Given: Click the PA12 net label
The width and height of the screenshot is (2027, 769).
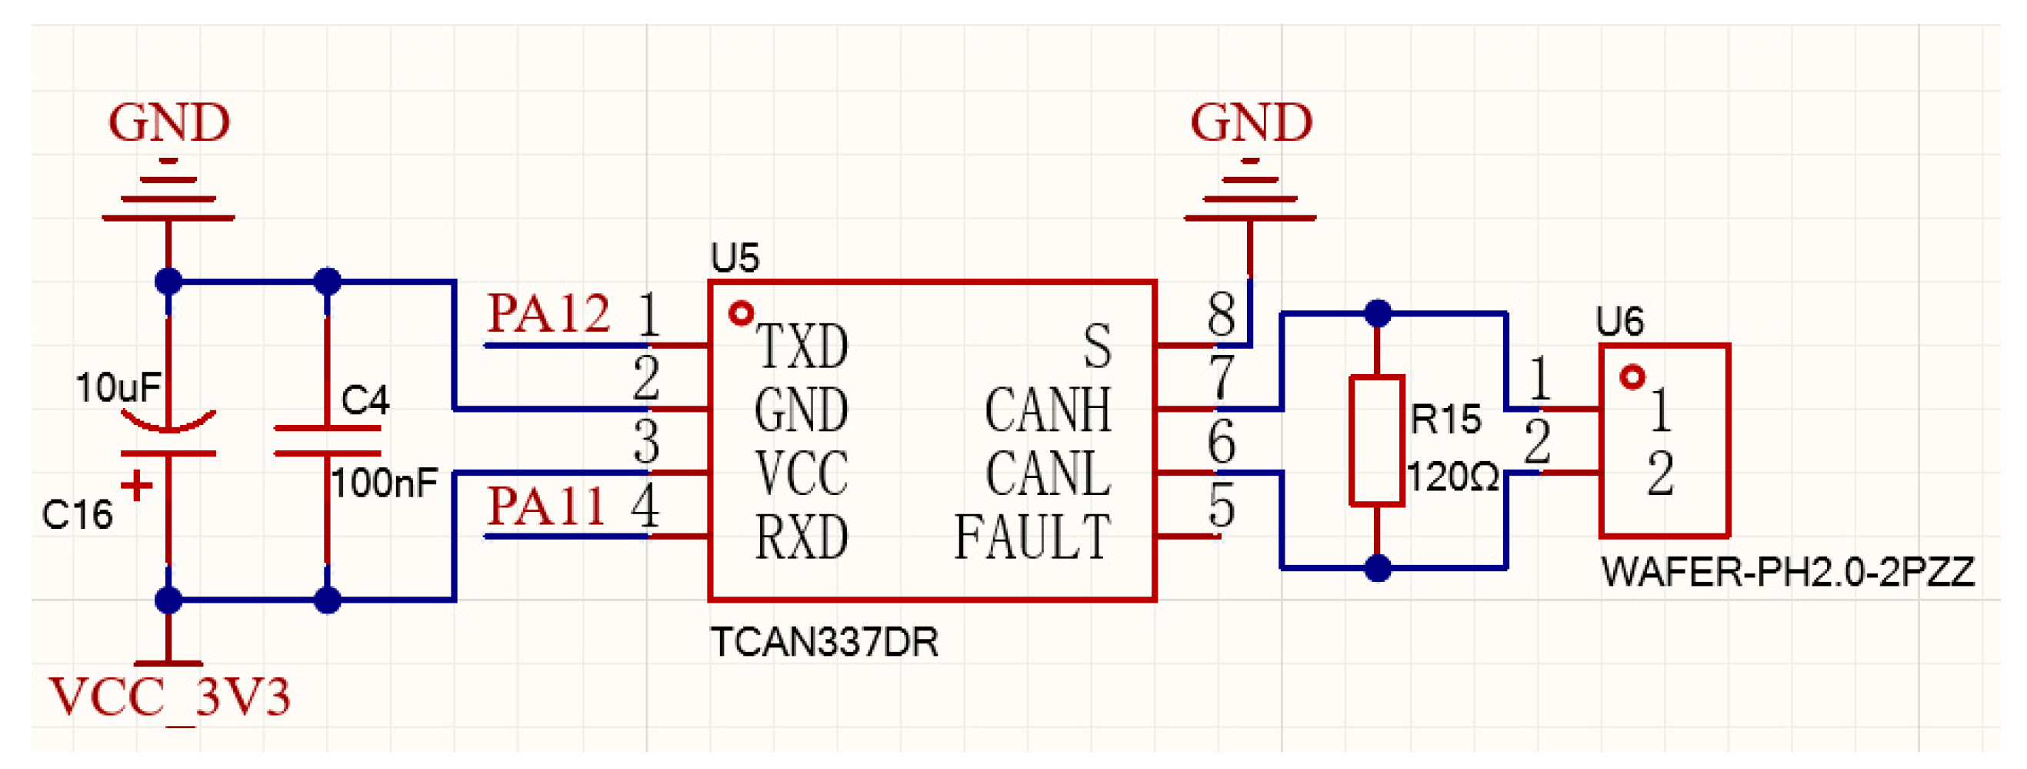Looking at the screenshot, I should [548, 314].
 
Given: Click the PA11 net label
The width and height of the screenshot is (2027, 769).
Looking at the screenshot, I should [545, 506].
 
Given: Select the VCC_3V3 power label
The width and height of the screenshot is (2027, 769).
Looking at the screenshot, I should [169, 697].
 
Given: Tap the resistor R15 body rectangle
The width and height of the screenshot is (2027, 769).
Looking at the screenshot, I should [1376, 440].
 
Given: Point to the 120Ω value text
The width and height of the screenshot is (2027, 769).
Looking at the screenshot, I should [1452, 478].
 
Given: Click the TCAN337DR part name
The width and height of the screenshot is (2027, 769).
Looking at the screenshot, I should [824, 643].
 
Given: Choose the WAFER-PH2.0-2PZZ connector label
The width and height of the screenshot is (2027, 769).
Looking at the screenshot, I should [1787, 572].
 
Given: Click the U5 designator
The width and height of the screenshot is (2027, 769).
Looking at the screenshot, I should [734, 258].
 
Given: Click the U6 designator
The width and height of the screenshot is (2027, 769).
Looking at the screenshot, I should [1619, 322].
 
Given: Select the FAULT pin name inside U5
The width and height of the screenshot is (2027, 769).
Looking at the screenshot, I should [1032, 537].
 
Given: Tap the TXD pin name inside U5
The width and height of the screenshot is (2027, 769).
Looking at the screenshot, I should [802, 346].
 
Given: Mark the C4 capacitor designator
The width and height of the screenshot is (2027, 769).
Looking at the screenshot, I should [365, 400].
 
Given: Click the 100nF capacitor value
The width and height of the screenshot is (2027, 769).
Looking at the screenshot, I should [384, 483].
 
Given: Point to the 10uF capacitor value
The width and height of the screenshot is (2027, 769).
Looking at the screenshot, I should [118, 387].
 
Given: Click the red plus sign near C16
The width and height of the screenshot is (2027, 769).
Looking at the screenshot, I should [137, 486].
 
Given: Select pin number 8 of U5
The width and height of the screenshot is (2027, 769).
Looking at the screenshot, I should [1221, 315].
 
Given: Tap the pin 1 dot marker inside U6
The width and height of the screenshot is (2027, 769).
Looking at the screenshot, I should [1632, 378].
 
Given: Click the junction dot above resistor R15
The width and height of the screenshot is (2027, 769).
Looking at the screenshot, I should [1377, 313].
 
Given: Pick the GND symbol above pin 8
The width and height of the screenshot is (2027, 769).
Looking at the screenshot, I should [1250, 189].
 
